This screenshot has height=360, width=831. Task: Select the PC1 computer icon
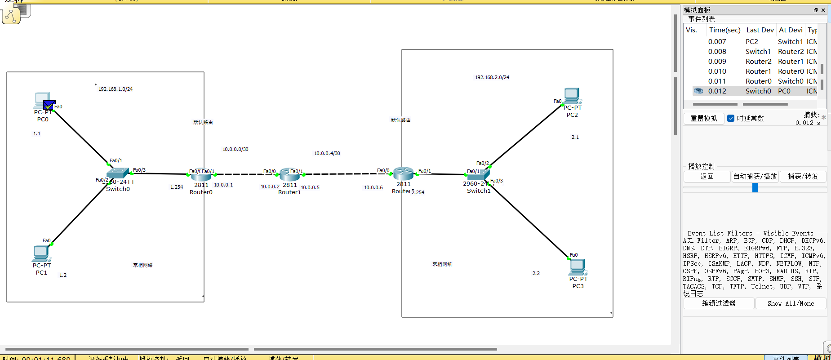pos(41,253)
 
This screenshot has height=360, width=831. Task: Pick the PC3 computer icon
pos(578,267)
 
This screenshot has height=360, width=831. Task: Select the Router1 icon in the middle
pos(289,174)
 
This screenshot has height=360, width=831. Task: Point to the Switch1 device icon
pos(478,174)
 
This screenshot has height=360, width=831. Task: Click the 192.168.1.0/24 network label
pos(116,89)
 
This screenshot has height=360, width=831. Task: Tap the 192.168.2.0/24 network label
pos(492,77)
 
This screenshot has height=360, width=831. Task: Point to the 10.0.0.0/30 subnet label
pos(235,149)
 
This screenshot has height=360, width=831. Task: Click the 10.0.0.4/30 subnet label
pos(327,153)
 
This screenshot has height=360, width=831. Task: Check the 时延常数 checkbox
pos(731,118)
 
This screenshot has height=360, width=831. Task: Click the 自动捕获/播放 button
pos(755,176)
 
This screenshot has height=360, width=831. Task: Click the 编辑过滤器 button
pos(719,303)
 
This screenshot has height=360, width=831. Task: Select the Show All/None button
pos(791,303)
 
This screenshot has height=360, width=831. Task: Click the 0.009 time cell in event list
pos(717,62)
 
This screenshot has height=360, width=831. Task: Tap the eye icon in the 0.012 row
pos(698,91)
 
